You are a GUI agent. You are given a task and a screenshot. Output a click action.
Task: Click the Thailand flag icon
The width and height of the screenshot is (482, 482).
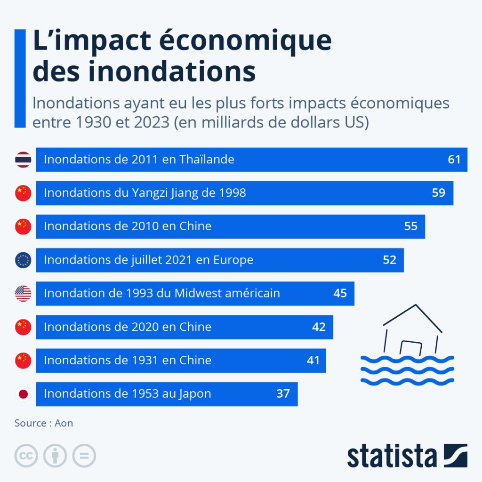click(23, 160)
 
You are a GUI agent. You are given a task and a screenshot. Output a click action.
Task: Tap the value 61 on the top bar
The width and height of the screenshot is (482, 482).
click(454, 160)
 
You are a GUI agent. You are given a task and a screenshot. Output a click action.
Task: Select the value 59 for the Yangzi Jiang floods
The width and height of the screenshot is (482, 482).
click(439, 193)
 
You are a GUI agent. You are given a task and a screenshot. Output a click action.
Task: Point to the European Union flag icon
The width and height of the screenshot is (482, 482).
click(23, 260)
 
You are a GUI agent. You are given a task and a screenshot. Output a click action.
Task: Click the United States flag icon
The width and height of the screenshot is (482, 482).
click(23, 294)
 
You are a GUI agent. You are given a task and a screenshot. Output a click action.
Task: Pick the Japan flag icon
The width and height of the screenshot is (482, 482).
click(23, 394)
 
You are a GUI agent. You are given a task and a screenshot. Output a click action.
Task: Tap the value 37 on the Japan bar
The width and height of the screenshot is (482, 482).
click(283, 394)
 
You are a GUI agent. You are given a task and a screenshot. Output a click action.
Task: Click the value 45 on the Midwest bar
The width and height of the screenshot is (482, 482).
click(340, 293)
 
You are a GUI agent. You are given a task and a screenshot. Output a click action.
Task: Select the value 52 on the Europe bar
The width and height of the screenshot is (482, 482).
click(389, 260)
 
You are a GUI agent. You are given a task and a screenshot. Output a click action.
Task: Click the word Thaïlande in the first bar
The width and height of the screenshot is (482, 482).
click(207, 159)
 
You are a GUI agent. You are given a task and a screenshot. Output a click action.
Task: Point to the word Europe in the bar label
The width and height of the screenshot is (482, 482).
click(233, 260)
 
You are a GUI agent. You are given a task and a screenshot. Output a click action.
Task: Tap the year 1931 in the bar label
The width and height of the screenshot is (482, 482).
click(145, 360)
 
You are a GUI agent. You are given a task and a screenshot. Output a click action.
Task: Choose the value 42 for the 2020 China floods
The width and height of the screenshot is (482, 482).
click(319, 327)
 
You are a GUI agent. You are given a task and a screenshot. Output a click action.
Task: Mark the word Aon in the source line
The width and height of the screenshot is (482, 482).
click(64, 423)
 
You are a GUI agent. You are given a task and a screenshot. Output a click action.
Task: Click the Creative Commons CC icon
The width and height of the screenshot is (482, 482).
click(26, 456)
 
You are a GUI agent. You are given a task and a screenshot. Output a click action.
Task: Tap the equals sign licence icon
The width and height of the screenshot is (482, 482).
click(84, 456)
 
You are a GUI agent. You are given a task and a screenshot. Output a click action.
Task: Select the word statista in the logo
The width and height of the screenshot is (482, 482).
click(392, 456)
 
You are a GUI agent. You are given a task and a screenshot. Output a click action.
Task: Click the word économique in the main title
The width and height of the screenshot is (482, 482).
click(245, 41)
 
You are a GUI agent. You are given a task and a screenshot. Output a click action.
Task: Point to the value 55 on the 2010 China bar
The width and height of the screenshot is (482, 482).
click(410, 226)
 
